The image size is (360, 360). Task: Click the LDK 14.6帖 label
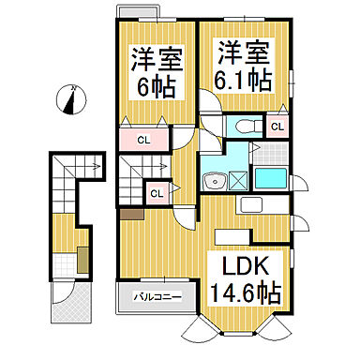click(x=248, y=278)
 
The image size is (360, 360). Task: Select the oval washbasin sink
click(x=217, y=181)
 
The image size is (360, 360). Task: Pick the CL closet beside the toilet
click(x=277, y=127)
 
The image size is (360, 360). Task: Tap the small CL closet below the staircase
click(x=157, y=194)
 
